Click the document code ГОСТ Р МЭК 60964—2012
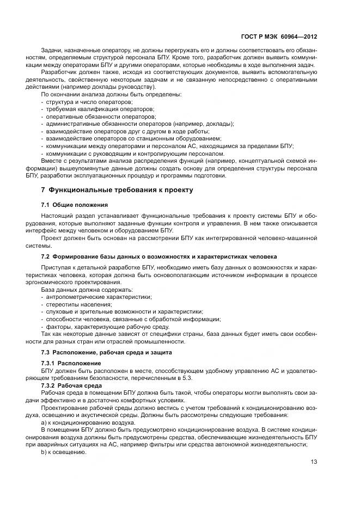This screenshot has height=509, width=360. pos(283,36)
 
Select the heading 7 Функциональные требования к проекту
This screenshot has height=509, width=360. pos(117,190)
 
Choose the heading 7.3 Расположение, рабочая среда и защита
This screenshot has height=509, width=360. pos(102,353)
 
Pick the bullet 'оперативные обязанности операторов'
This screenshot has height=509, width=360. pos(98,116)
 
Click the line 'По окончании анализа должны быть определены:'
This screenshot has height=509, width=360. pos(105,95)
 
